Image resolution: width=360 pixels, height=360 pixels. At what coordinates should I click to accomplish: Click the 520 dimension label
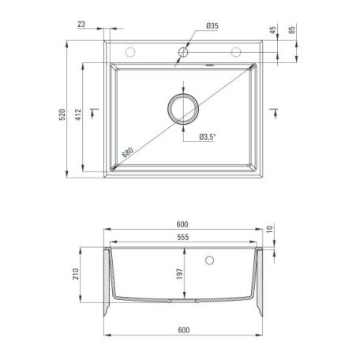coord(62,114)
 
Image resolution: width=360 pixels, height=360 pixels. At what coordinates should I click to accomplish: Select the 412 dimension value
coord(78,114)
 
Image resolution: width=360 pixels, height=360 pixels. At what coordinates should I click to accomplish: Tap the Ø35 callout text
coord(212,26)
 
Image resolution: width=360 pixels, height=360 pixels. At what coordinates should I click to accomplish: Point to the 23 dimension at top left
coord(81,24)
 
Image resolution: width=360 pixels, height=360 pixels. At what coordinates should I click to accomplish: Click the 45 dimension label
coord(273,30)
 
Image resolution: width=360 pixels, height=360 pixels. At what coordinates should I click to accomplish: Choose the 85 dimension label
coord(292,30)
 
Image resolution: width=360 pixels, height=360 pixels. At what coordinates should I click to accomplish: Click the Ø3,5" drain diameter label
coord(208,137)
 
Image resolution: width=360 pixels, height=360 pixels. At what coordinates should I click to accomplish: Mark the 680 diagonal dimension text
coord(128,152)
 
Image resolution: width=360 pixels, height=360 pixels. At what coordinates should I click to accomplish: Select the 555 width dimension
coord(183,237)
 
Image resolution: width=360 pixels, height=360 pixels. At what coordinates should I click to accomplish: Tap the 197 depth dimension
coord(180,274)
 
